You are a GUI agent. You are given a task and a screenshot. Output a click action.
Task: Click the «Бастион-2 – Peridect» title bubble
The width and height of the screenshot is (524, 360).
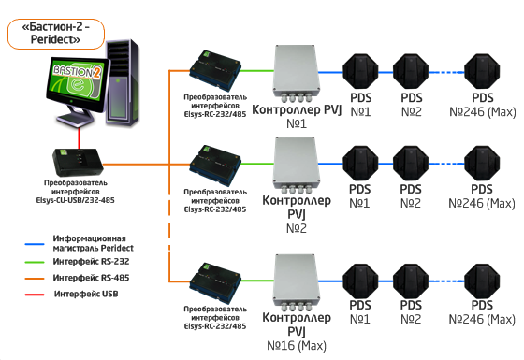pos(56,34)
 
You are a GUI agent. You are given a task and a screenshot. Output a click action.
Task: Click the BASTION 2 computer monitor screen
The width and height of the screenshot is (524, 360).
pos(77,82)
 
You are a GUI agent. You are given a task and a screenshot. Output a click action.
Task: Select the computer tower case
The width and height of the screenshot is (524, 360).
pos(123,83)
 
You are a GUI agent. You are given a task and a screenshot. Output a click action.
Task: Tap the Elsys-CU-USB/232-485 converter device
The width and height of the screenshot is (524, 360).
pos(78,163)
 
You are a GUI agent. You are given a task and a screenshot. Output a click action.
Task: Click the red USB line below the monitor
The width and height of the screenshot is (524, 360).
pos(80,138)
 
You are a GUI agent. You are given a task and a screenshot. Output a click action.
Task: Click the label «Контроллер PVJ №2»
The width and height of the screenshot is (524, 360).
pos(297,214)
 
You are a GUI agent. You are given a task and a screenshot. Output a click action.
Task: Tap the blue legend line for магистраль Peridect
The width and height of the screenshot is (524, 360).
pos(35,244)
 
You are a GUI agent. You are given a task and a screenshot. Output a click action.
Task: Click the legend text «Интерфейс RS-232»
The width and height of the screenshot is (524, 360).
pos(91,262)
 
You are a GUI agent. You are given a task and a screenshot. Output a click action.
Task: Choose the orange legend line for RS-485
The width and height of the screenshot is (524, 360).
pos(35,278)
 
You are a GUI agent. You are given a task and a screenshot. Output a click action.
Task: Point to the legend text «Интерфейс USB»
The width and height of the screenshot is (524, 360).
pos(86,294)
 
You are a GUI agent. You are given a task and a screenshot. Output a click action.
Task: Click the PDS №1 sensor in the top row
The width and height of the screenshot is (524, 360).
pos(360,72)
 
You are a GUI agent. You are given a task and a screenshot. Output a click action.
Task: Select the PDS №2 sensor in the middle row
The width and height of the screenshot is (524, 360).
pos(411,164)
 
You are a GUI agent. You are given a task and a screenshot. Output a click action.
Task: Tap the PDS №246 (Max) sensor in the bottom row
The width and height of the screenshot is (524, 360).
pos(482,281)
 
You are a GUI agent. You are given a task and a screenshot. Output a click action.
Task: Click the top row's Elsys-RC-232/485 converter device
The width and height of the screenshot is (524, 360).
pos(215,71)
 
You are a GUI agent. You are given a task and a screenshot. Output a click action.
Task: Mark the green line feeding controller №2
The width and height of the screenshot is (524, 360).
pos(257,164)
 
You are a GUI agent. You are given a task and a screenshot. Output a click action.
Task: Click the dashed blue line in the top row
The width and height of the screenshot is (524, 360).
pos(446,72)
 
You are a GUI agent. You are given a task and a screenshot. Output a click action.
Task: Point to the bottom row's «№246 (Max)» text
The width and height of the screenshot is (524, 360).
pos(482,319)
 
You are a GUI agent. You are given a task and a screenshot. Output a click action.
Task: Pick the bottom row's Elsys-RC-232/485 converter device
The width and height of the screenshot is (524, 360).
pos(215,283)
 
